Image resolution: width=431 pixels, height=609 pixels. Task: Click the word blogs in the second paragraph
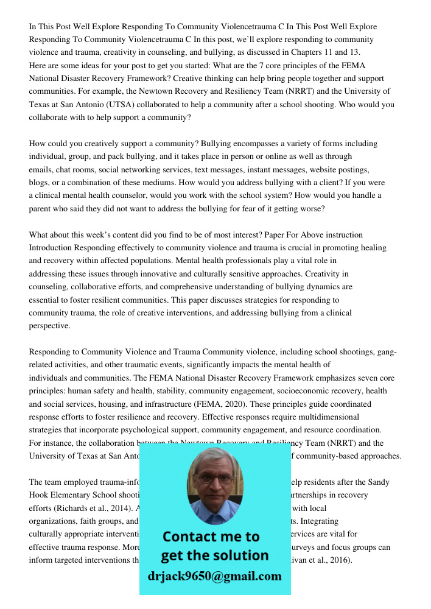point(39,183)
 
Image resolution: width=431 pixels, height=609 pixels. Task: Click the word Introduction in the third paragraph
point(51,248)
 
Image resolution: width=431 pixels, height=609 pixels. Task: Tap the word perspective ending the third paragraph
point(49,326)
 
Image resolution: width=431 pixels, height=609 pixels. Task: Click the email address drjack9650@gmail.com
point(215,577)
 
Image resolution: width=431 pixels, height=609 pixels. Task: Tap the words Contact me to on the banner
point(211,537)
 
